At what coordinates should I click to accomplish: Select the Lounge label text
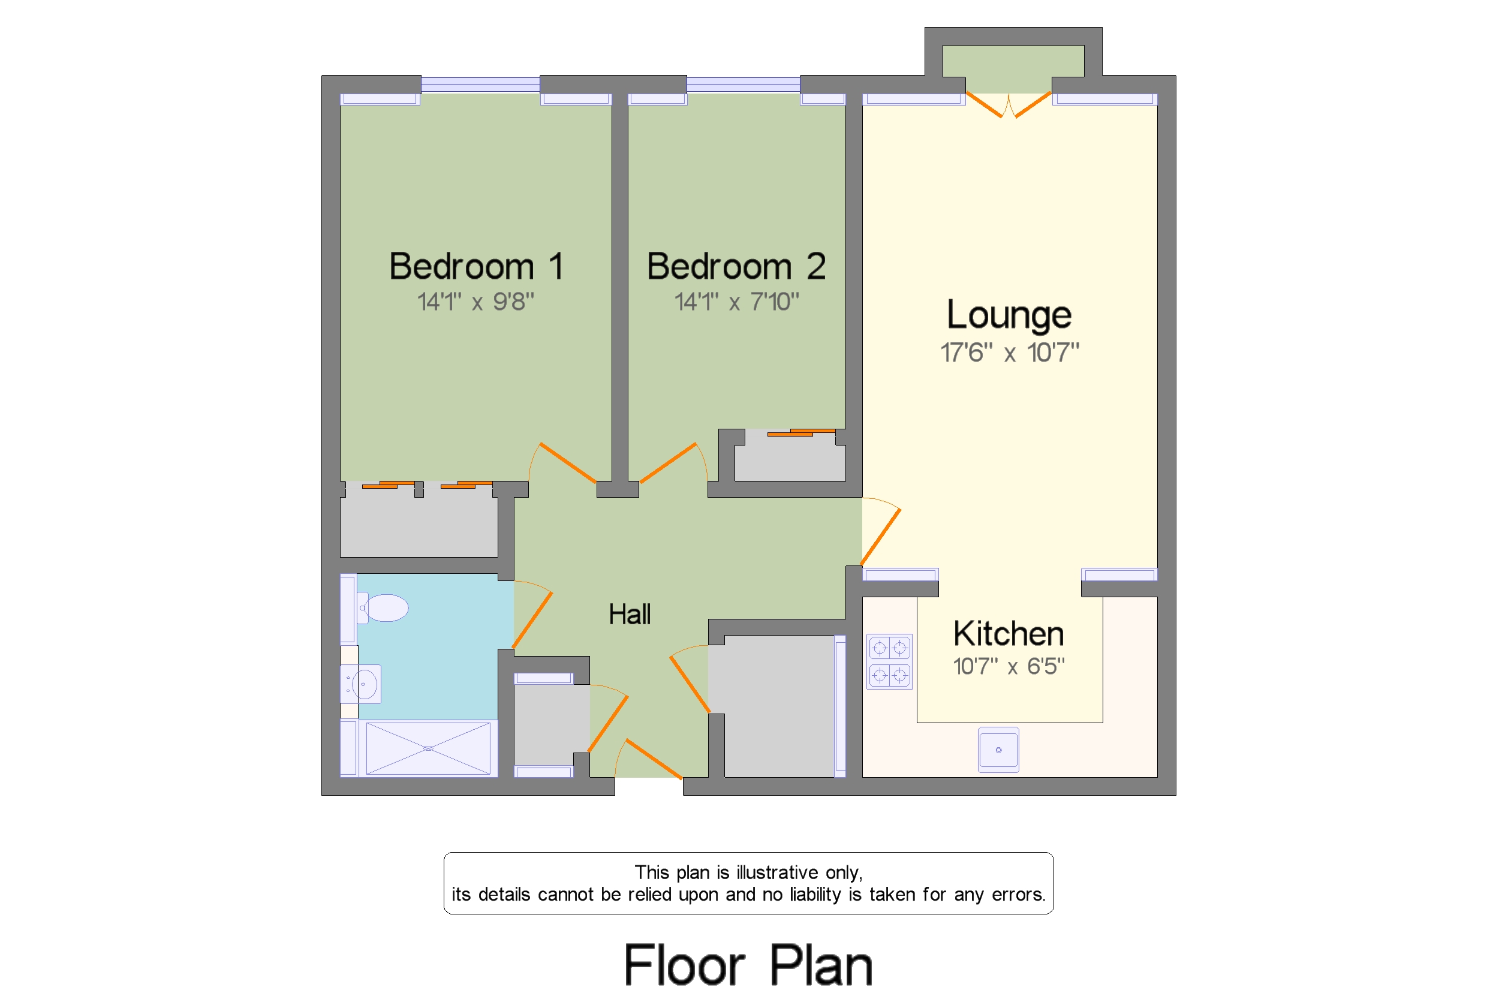click(1009, 315)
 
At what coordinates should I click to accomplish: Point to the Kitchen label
click(1009, 634)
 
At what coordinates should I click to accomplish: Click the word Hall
click(630, 614)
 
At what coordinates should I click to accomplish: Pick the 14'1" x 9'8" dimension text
click(475, 302)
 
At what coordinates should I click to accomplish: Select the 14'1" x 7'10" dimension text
click(736, 302)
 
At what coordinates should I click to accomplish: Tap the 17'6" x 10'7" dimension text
click(1010, 353)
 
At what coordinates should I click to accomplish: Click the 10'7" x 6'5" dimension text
click(1009, 666)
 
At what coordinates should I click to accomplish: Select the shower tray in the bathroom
click(428, 748)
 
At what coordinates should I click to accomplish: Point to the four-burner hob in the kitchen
click(889, 661)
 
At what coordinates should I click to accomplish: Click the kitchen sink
click(998, 750)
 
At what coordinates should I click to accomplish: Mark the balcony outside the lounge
click(1013, 69)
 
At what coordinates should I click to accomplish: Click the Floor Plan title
click(748, 965)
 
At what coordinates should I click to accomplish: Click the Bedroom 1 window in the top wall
click(480, 85)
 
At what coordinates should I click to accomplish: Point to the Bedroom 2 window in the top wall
click(744, 85)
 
